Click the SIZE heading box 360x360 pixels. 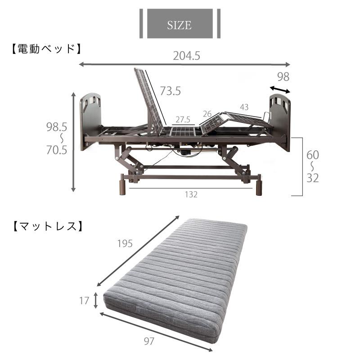180,24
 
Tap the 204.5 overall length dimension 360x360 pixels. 186,56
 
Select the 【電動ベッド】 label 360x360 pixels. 45,49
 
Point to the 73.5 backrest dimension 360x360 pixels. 171,91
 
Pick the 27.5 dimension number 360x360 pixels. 183,120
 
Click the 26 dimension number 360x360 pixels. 207,113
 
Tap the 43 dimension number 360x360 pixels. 244,108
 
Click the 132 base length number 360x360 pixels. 191,194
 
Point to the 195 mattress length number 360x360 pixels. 125,243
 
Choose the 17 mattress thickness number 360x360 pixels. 84,301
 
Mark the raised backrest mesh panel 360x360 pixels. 149,101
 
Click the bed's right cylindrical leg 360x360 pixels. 259,186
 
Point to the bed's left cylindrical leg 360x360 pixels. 123,186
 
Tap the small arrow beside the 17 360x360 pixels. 96,300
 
